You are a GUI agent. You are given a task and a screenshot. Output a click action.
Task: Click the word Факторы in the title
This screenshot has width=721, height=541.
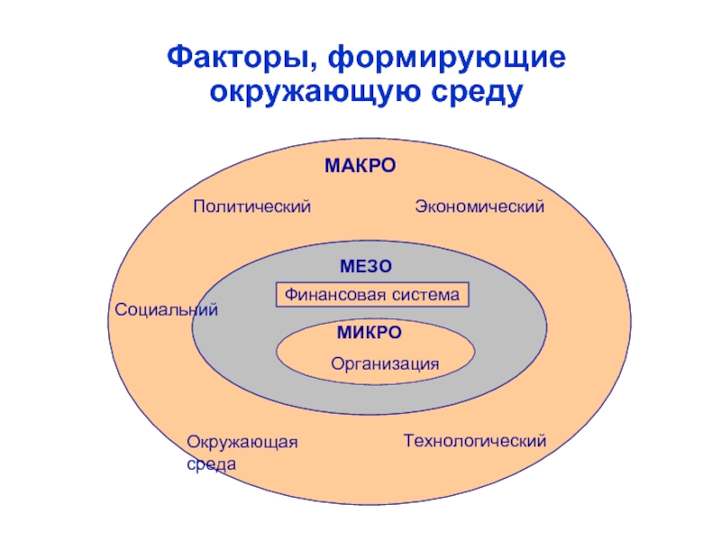[236, 60]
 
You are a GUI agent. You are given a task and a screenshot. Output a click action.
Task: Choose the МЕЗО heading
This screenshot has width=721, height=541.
[367, 267]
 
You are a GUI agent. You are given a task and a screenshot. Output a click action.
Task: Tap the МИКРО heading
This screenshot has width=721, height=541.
[370, 333]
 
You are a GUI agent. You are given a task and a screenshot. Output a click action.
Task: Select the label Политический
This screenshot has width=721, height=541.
[251, 207]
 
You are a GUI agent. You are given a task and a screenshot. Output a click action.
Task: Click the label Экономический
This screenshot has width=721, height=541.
[479, 207]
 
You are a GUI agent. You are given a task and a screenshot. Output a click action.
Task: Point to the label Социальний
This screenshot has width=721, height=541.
[167, 310]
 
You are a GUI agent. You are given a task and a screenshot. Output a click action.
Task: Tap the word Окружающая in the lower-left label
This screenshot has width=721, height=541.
[242, 442]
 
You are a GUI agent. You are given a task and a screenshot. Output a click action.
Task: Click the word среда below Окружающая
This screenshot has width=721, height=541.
[212, 464]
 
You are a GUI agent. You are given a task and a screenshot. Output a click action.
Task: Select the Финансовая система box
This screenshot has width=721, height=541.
[373, 295]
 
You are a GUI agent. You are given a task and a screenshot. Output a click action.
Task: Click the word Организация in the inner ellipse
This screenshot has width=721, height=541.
[385, 364]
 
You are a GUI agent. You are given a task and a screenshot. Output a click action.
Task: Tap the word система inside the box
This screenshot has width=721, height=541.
[426, 295]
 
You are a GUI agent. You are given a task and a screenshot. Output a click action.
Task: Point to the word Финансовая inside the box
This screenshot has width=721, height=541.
[335, 295]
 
